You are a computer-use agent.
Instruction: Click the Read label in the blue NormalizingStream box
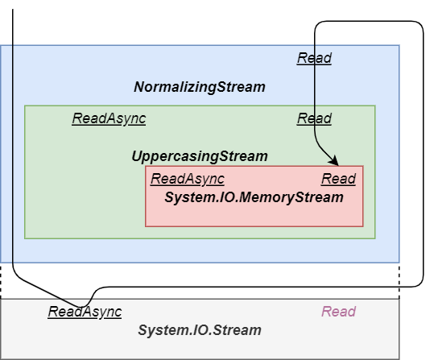pos(314,58)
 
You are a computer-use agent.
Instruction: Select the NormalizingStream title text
pos(199,87)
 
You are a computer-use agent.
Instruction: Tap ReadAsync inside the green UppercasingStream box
pos(109,118)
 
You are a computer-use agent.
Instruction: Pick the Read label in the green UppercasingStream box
pos(314,118)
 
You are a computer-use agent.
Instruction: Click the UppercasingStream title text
pos(199,156)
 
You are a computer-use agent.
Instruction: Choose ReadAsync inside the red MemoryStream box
pos(187,179)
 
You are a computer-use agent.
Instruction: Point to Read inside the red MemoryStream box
pos(338,179)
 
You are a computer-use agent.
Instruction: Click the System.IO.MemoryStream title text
pos(254,197)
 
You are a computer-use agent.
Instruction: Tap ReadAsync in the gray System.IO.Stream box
pos(85,312)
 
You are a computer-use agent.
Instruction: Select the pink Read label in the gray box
pos(338,312)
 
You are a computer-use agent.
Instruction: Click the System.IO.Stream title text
pos(199,330)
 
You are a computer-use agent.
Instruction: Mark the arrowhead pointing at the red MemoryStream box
pos(333,162)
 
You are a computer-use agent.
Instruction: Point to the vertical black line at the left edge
pos(13,153)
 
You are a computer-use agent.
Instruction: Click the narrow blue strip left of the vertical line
pos(6,153)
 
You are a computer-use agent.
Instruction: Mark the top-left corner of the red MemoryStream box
pos(146,167)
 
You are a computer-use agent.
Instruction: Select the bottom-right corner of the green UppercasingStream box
pos(375,238)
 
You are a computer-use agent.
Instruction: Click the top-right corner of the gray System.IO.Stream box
pos(399,299)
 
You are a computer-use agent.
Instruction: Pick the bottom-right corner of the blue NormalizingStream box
pos(399,263)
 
